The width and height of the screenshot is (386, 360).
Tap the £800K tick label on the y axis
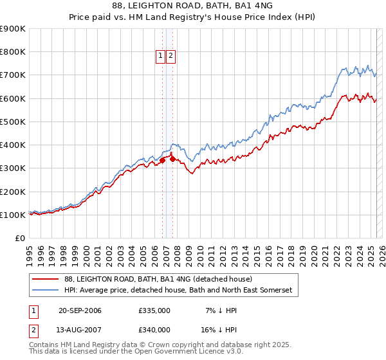click(12, 52)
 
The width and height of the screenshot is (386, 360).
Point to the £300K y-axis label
click(12, 168)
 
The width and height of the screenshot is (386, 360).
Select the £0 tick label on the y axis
click(19, 239)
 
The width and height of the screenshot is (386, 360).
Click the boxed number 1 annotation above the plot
click(160, 56)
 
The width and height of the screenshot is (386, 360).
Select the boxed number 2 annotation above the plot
click(170, 56)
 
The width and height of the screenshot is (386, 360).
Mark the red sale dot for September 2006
click(163, 161)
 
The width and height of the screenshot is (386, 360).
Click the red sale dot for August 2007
click(172, 158)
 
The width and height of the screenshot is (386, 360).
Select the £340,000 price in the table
click(154, 330)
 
